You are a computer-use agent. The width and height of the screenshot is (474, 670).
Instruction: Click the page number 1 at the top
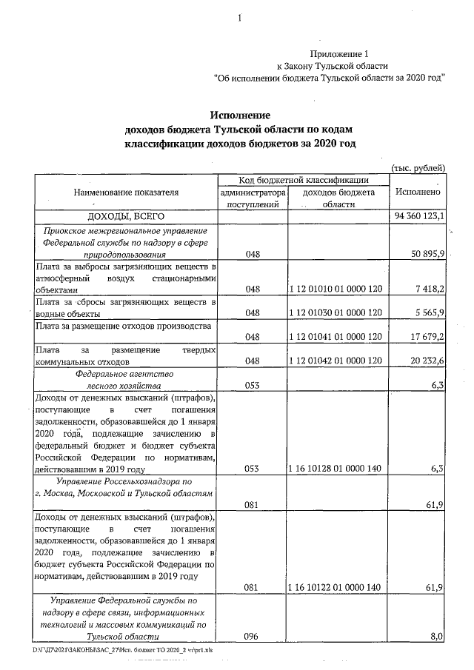pyautogui.click(x=239, y=19)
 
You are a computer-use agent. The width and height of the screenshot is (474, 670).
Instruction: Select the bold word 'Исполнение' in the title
pyautogui.click(x=239, y=115)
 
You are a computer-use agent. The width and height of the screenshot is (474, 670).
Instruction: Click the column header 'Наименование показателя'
pyautogui.click(x=125, y=192)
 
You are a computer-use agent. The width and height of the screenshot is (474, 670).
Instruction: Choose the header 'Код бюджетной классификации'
pyautogui.click(x=302, y=180)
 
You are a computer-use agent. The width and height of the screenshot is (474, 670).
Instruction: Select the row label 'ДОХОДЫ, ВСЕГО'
pyautogui.click(x=125, y=216)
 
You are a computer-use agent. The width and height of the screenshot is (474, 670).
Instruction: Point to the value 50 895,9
pyautogui.click(x=427, y=254)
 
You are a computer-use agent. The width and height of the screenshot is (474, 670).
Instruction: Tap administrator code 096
pyautogui.click(x=251, y=636)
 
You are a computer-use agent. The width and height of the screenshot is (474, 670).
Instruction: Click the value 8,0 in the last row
pyautogui.click(x=436, y=636)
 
